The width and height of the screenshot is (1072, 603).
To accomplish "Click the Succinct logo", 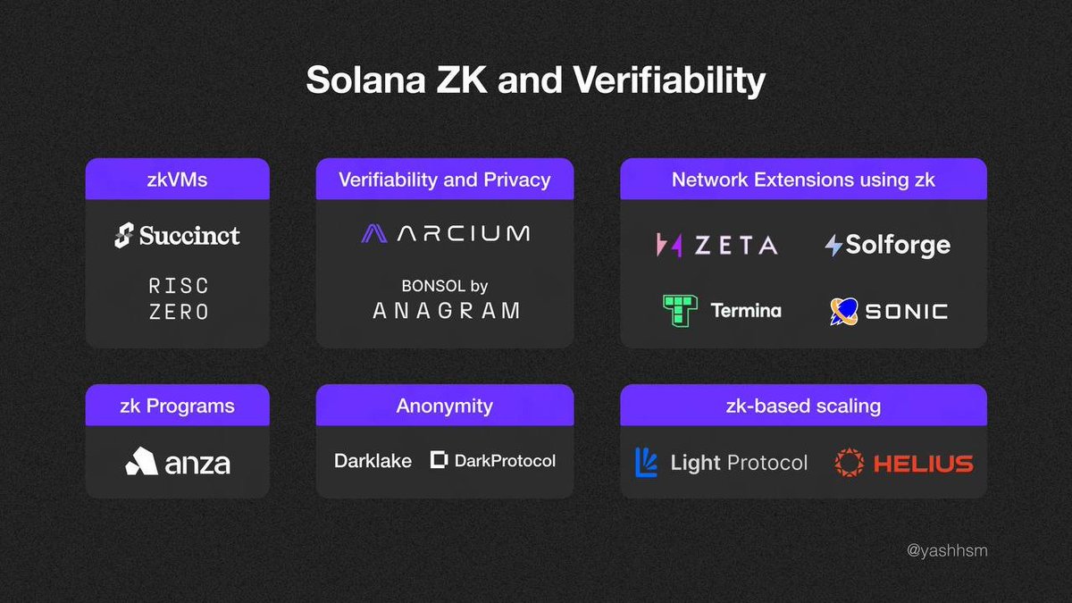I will [x=178, y=236].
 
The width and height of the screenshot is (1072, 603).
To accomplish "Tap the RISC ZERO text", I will [x=178, y=298].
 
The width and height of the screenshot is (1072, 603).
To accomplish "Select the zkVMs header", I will [x=178, y=180].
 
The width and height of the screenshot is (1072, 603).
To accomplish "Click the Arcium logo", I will [x=445, y=234].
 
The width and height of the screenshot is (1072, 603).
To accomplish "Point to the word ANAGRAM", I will [x=445, y=311].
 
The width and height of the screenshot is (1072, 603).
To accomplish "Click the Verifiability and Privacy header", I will [x=445, y=180].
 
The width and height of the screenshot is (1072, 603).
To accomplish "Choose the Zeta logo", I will [x=716, y=245].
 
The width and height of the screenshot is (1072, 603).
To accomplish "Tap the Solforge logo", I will [x=887, y=245].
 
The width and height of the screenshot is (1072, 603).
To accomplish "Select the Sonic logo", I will [x=887, y=311].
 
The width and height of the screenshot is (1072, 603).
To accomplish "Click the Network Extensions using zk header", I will [x=803, y=180].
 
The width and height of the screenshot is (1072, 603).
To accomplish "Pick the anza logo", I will [x=178, y=462].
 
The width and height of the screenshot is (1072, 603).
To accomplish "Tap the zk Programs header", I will [x=178, y=406].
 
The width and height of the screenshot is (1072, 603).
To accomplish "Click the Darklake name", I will [x=373, y=461].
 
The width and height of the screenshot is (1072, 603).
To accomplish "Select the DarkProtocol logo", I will [x=493, y=461].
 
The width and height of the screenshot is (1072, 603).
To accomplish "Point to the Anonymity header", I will [x=445, y=406].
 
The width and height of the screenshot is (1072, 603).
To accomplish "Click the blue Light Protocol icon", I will [x=646, y=462].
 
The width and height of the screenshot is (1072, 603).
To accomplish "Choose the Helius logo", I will [x=903, y=462].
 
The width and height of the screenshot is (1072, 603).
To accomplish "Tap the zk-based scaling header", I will [x=803, y=406].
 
